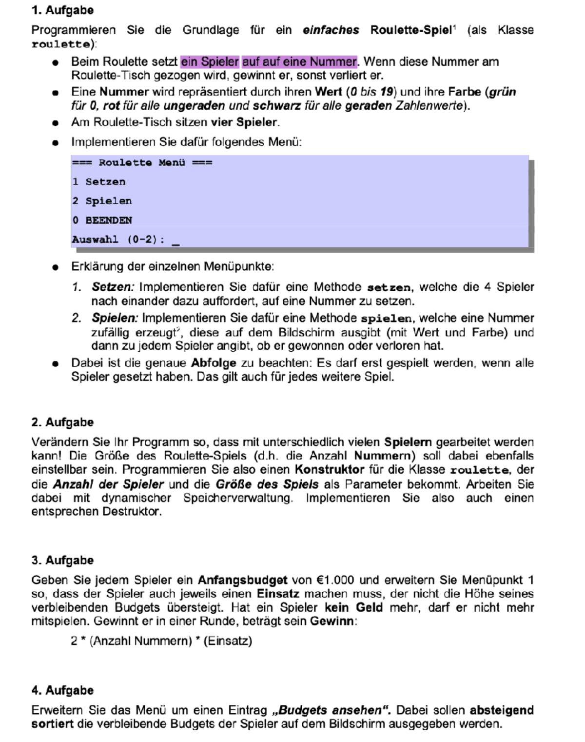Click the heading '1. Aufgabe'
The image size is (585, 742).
click(62, 10)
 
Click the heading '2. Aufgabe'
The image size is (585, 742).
click(62, 422)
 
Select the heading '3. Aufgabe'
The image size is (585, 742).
click(62, 561)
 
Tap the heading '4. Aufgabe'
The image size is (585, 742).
click(62, 691)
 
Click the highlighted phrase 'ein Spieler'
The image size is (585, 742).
click(210, 62)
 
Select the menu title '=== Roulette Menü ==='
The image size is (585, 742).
click(142, 163)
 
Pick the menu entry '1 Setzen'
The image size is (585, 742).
click(99, 182)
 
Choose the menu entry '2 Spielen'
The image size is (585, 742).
click(102, 201)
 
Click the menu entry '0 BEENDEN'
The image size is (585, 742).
click(102, 221)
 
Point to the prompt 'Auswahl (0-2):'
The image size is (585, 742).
click(118, 240)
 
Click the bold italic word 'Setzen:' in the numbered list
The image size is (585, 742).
click(113, 287)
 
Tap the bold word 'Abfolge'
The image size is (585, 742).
click(214, 363)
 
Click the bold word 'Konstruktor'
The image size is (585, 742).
click(330, 470)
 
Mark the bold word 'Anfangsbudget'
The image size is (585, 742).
click(242, 581)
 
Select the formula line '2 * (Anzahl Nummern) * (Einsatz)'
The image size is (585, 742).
click(161, 641)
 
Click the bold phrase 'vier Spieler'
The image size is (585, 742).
click(244, 122)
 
